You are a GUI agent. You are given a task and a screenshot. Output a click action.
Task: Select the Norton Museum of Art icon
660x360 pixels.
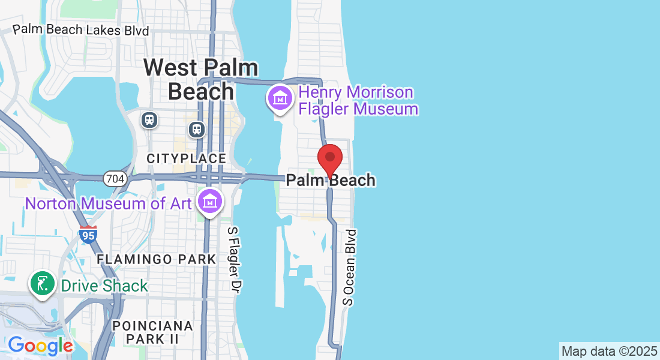[210, 202]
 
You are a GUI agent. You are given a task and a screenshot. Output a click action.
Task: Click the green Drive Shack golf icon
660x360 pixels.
[43, 284]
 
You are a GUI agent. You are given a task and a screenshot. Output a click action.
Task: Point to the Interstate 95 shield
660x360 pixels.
[88, 235]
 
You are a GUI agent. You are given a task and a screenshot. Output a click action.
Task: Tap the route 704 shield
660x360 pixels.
[113, 178]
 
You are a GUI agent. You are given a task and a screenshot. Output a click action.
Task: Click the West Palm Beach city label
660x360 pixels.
[201, 79]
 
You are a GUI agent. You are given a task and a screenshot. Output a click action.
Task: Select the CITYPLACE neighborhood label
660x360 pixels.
[187, 158]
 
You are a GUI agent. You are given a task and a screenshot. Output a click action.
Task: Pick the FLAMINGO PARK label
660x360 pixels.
[156, 259]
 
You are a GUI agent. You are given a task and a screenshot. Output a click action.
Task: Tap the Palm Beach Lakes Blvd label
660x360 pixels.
[81, 29]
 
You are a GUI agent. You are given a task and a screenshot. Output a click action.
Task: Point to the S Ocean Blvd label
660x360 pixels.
[350, 267]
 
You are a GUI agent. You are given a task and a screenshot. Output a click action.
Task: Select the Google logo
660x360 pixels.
[40, 346]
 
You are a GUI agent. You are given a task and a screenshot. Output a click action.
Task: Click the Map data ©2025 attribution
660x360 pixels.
[609, 351]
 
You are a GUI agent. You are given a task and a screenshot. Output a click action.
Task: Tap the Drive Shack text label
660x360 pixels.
[104, 285]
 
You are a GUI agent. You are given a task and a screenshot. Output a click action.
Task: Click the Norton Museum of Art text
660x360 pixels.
[108, 203]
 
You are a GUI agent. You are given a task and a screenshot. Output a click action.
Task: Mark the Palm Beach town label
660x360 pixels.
[331, 180]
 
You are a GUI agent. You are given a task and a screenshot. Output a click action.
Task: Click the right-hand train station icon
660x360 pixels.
[196, 129]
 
